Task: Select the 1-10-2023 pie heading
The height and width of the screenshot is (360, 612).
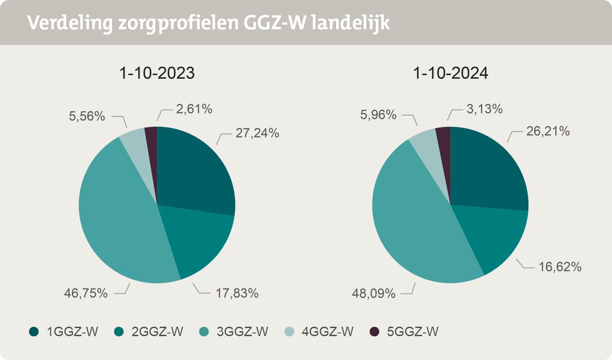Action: click(x=157, y=73)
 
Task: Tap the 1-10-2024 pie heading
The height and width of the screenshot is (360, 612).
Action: click(x=450, y=73)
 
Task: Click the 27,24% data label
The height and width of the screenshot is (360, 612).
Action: click(x=257, y=133)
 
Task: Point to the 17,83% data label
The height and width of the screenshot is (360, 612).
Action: click(x=236, y=293)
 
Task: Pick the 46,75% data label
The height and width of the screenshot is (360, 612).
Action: click(x=85, y=293)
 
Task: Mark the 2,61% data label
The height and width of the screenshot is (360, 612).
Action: click(x=194, y=109)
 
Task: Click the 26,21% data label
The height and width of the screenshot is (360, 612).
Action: click(x=548, y=131)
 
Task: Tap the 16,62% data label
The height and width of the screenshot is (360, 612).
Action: click(x=560, y=267)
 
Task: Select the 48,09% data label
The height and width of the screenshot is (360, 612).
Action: click(x=373, y=294)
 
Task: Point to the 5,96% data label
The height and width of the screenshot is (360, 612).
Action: click(x=378, y=115)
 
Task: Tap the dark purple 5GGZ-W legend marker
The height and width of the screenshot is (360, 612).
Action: click(x=374, y=332)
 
